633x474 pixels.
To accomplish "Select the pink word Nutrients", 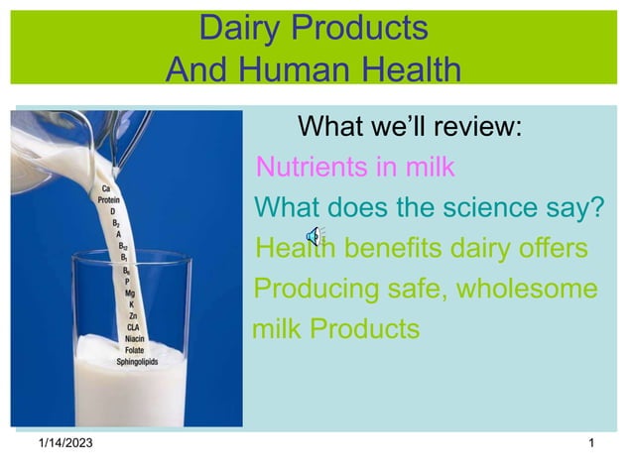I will point(310,167).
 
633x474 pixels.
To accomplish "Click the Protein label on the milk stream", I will point(107,199).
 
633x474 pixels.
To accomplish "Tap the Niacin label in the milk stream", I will point(134,338).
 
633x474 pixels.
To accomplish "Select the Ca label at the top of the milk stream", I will point(105,187).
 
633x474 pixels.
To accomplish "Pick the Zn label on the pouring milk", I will point(133,316).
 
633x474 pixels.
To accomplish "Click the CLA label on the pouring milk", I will point(133,327).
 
